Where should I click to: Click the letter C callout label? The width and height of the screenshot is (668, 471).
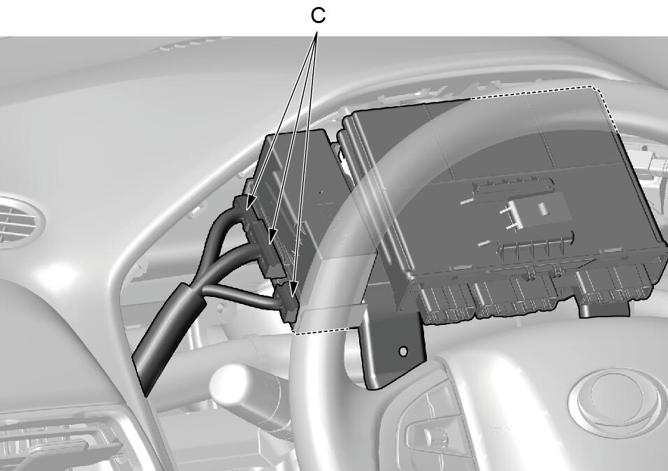tap(318, 15)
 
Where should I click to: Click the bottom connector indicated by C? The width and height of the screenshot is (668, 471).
tap(286, 300)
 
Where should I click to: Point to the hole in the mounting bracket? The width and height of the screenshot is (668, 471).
tap(402, 352)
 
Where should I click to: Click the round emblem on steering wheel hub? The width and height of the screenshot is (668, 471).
tap(618, 402)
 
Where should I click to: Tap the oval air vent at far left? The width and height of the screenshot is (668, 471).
tap(19, 222)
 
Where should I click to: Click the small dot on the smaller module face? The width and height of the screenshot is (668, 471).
tap(321, 192)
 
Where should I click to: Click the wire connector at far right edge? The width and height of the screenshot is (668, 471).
tap(656, 164)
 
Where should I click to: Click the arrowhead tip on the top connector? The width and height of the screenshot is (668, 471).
tap(248, 208)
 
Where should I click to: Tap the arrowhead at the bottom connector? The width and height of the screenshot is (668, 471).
tap(293, 296)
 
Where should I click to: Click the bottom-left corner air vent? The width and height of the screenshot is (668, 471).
tap(59, 443)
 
